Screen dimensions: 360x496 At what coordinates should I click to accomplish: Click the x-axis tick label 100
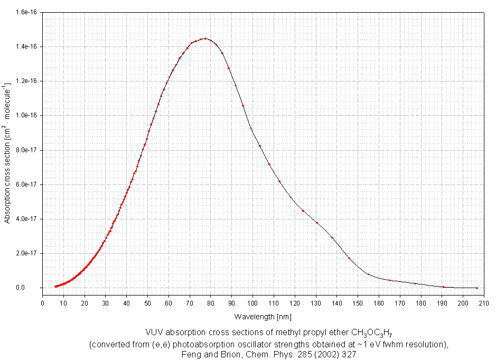click(252, 303)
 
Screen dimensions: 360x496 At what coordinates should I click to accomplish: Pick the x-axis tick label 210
click(484, 303)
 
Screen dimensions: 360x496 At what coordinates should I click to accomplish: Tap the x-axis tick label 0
click(43, 303)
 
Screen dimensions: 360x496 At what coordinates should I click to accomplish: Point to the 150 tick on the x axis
click(358, 303)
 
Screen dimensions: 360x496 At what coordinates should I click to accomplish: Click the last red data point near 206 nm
click(476, 288)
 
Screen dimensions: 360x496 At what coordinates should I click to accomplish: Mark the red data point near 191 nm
click(444, 287)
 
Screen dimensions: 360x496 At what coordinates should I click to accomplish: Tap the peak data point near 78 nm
click(205, 39)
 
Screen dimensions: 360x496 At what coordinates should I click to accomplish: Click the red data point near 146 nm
click(349, 258)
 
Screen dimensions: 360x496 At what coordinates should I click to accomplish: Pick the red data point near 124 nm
click(303, 211)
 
